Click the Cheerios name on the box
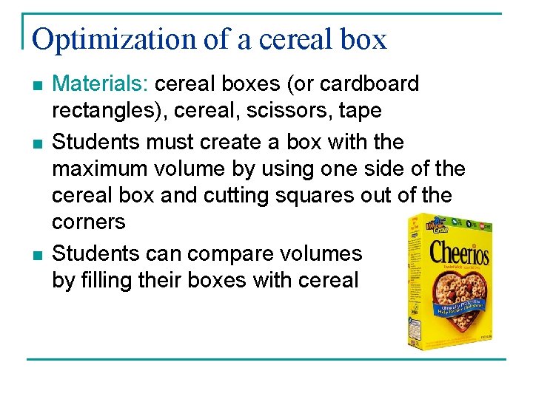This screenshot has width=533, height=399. coord(459,253)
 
